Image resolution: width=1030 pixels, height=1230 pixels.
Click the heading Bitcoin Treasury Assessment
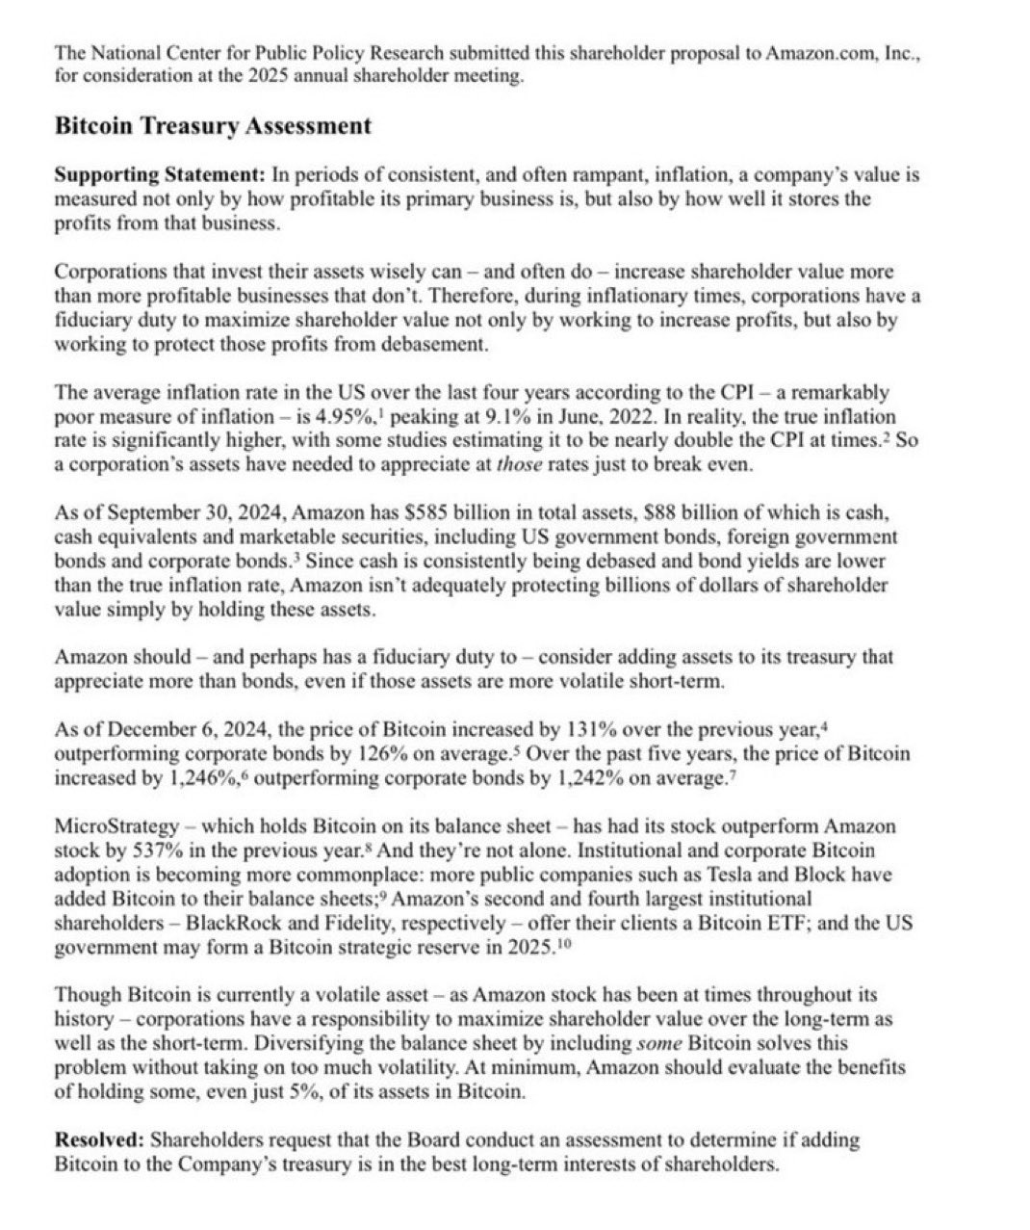[213, 126]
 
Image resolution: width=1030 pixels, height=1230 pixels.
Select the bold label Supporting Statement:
[159, 175]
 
